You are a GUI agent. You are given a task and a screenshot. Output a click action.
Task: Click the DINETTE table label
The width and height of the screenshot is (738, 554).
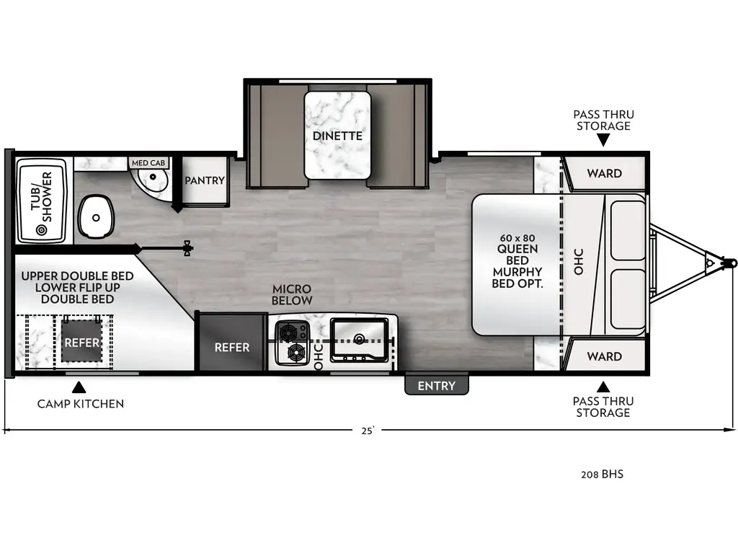tap(337, 136)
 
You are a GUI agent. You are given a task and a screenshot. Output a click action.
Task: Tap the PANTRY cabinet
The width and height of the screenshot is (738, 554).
tap(205, 180)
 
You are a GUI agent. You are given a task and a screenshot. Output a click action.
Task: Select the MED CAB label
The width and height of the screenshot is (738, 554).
tap(148, 163)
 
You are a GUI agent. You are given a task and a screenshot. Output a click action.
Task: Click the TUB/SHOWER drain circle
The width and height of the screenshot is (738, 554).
tap(41, 230)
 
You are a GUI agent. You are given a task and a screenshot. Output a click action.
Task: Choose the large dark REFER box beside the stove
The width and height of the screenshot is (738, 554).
tap(231, 347)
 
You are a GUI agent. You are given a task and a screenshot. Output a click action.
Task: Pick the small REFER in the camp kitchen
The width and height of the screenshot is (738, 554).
tap(81, 342)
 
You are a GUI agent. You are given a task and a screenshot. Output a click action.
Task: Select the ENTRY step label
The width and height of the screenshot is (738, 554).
tap(436, 386)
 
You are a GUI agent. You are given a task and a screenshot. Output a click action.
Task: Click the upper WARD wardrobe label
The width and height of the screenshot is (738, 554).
tap(604, 173)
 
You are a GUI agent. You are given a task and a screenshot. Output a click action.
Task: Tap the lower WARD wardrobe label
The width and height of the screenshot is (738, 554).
tap(604, 356)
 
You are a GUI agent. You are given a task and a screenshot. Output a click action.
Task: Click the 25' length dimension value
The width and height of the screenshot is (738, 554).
tap(368, 431)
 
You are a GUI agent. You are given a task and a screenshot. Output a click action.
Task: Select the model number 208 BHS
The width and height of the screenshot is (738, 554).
tap(602, 474)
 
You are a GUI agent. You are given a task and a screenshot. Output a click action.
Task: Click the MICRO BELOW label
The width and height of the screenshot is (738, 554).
tap(292, 294)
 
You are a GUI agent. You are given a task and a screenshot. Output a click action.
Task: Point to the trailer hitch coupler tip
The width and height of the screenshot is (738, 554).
tap(731, 262)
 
